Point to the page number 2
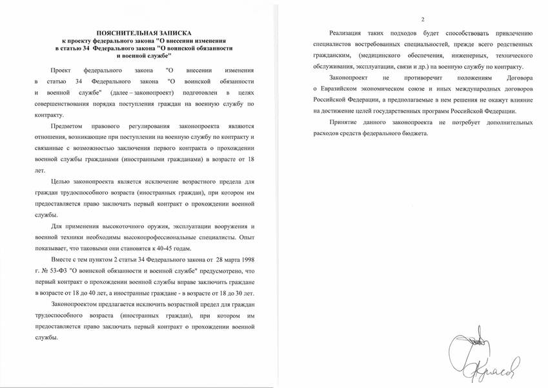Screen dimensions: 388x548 tap(422, 19)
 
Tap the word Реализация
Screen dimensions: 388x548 tap(349, 32)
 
